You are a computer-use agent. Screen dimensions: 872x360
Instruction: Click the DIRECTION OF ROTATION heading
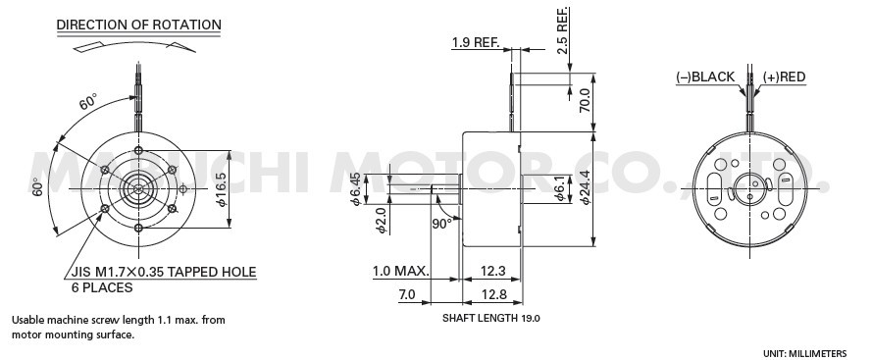point(139,26)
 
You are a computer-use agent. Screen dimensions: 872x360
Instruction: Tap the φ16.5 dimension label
point(222,189)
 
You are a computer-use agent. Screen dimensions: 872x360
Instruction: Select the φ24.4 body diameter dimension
point(584,187)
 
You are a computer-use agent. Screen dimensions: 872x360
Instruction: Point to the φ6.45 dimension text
point(355,189)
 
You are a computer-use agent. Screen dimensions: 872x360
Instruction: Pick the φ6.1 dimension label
point(559,188)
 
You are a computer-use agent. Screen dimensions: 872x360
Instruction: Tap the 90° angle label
point(441,224)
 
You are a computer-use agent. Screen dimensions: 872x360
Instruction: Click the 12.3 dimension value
point(492,271)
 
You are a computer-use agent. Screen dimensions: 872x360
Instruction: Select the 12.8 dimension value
point(493,294)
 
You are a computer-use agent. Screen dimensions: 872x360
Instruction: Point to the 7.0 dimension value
point(406,294)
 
